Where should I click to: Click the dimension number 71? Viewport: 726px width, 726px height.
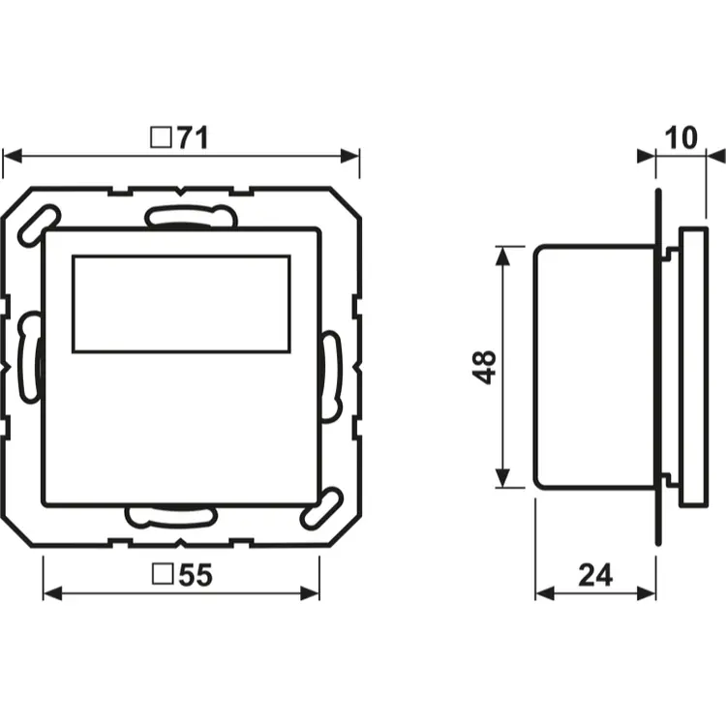tap(193, 137)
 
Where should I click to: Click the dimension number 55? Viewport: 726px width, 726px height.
tap(196, 575)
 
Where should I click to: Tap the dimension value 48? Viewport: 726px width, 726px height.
tap(484, 367)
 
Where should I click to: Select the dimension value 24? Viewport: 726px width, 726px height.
tap(595, 575)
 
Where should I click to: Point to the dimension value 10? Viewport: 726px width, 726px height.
tap(681, 137)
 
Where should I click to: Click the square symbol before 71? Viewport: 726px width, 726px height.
tap(162, 137)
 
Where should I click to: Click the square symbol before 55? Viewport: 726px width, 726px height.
tap(163, 574)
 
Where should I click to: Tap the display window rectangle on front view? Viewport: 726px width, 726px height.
tap(182, 304)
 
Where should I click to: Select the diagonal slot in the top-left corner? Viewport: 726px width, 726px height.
tap(38, 226)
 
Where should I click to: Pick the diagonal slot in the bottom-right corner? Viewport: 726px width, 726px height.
tap(322, 508)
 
